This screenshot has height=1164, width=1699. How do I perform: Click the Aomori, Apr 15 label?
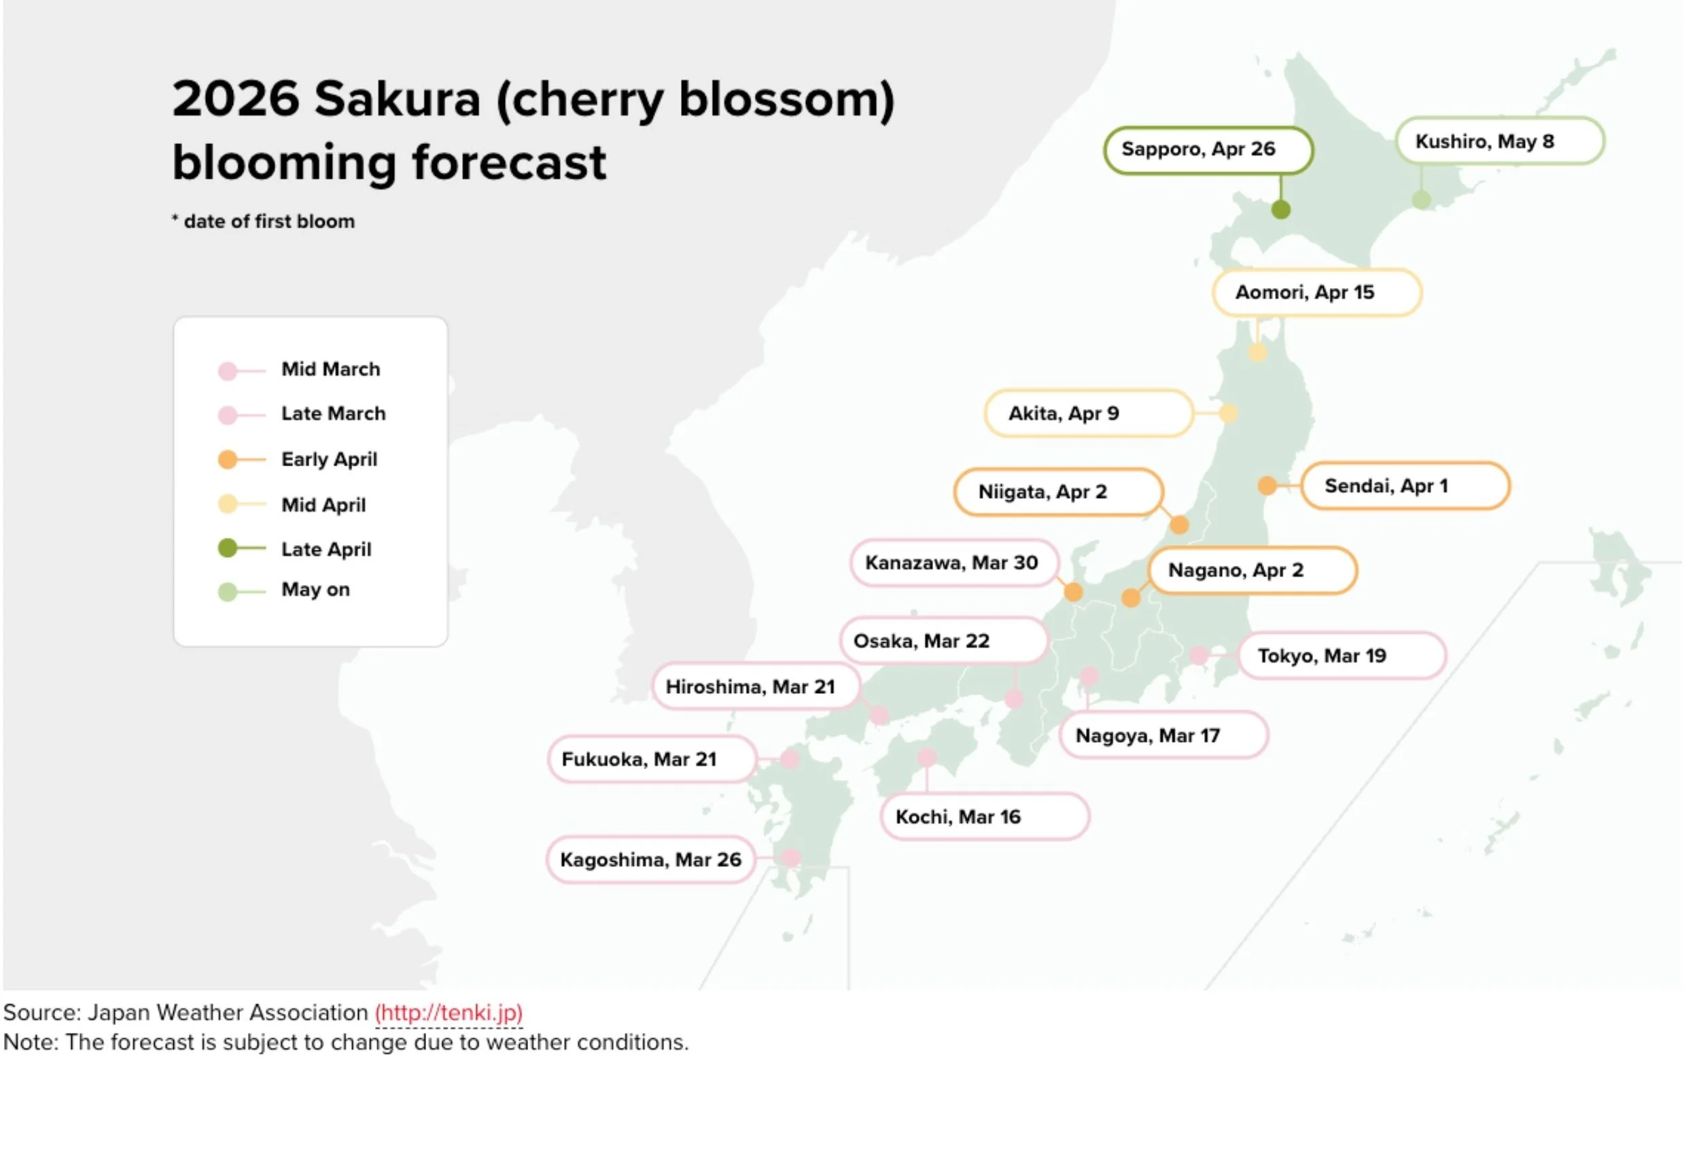(x=1316, y=292)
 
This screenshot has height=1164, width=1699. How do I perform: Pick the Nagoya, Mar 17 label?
(x=1162, y=735)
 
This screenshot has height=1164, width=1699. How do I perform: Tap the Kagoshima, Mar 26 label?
(x=650, y=860)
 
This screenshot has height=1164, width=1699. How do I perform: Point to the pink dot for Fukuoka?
(x=789, y=759)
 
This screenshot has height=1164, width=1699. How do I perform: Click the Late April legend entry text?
(x=326, y=550)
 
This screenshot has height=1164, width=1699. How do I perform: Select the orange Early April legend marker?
(x=228, y=460)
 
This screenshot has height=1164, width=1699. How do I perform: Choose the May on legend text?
(x=316, y=590)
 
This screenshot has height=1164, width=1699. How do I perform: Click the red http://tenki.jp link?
(x=448, y=1012)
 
